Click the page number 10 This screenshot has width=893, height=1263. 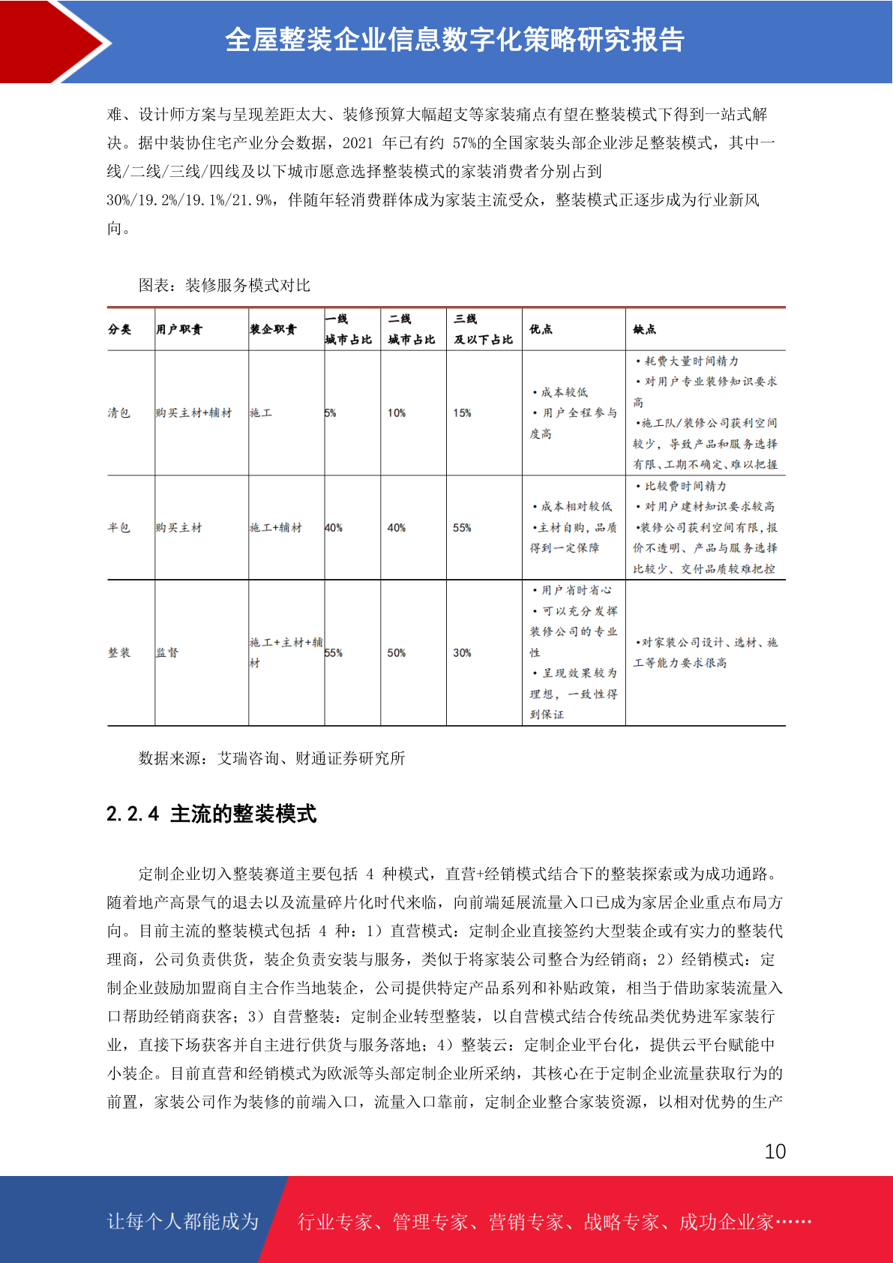coord(775,1151)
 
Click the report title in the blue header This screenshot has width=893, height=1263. coord(454,40)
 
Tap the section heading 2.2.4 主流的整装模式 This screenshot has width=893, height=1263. coord(211,814)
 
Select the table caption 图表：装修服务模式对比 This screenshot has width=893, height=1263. coord(223,285)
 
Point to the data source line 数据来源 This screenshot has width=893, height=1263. coord(271,758)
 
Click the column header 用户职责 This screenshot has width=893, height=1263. coord(179,329)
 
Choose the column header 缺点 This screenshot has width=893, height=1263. coord(644,329)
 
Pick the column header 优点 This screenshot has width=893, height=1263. coord(541,329)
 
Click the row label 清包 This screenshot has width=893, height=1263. coord(118,412)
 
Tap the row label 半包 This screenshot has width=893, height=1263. coord(118,527)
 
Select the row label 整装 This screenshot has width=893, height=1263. coord(118,652)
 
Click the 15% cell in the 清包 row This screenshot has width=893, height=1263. coord(462,412)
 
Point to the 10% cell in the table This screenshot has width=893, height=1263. coord(397,412)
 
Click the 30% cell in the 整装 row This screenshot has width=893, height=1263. coord(462,652)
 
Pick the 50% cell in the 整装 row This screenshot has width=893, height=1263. coord(397,652)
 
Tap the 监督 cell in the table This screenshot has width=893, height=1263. coord(167,652)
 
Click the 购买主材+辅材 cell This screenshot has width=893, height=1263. coord(193,412)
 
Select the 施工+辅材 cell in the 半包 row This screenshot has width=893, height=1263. coord(276,527)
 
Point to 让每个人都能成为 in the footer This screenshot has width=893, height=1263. coord(183,1221)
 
